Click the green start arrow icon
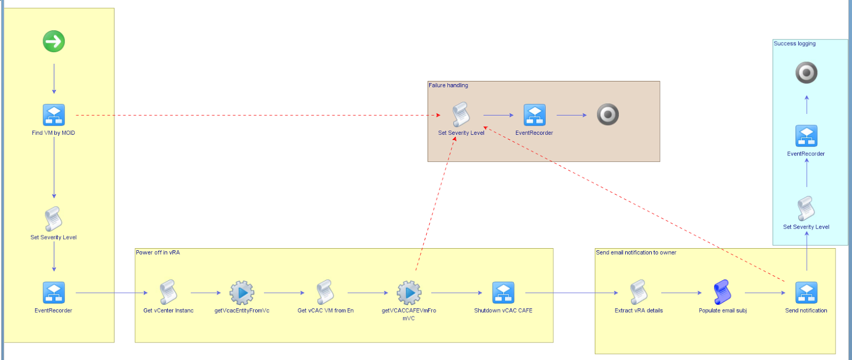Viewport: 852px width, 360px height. pos(54,41)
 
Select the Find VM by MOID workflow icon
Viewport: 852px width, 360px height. pos(54,115)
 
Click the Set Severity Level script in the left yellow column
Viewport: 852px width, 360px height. pos(53,219)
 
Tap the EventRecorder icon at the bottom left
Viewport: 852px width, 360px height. pos(54,293)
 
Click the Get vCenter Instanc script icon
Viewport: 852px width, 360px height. pos(168,292)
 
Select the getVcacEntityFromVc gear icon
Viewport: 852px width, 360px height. pos(242,292)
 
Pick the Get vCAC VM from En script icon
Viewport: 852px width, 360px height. pos(325,292)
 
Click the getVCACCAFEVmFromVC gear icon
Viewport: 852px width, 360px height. pos(409,292)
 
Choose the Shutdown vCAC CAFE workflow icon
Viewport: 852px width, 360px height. pos(503,293)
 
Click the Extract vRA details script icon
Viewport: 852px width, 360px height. pos(638,292)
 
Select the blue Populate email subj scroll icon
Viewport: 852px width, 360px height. pos(722,292)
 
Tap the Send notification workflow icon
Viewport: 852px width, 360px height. pos(806,293)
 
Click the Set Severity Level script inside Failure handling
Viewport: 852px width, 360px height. pos(461,114)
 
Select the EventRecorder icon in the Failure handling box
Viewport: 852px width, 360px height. pos(534,115)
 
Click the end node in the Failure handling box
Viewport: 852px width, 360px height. pos(608,114)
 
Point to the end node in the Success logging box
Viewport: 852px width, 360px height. pos(806,73)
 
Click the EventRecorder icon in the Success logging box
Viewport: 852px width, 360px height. pos(806,136)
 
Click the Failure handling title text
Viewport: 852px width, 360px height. pos(448,85)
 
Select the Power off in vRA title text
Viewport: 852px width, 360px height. pos(158,252)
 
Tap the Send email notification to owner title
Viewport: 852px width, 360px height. pos(636,252)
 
